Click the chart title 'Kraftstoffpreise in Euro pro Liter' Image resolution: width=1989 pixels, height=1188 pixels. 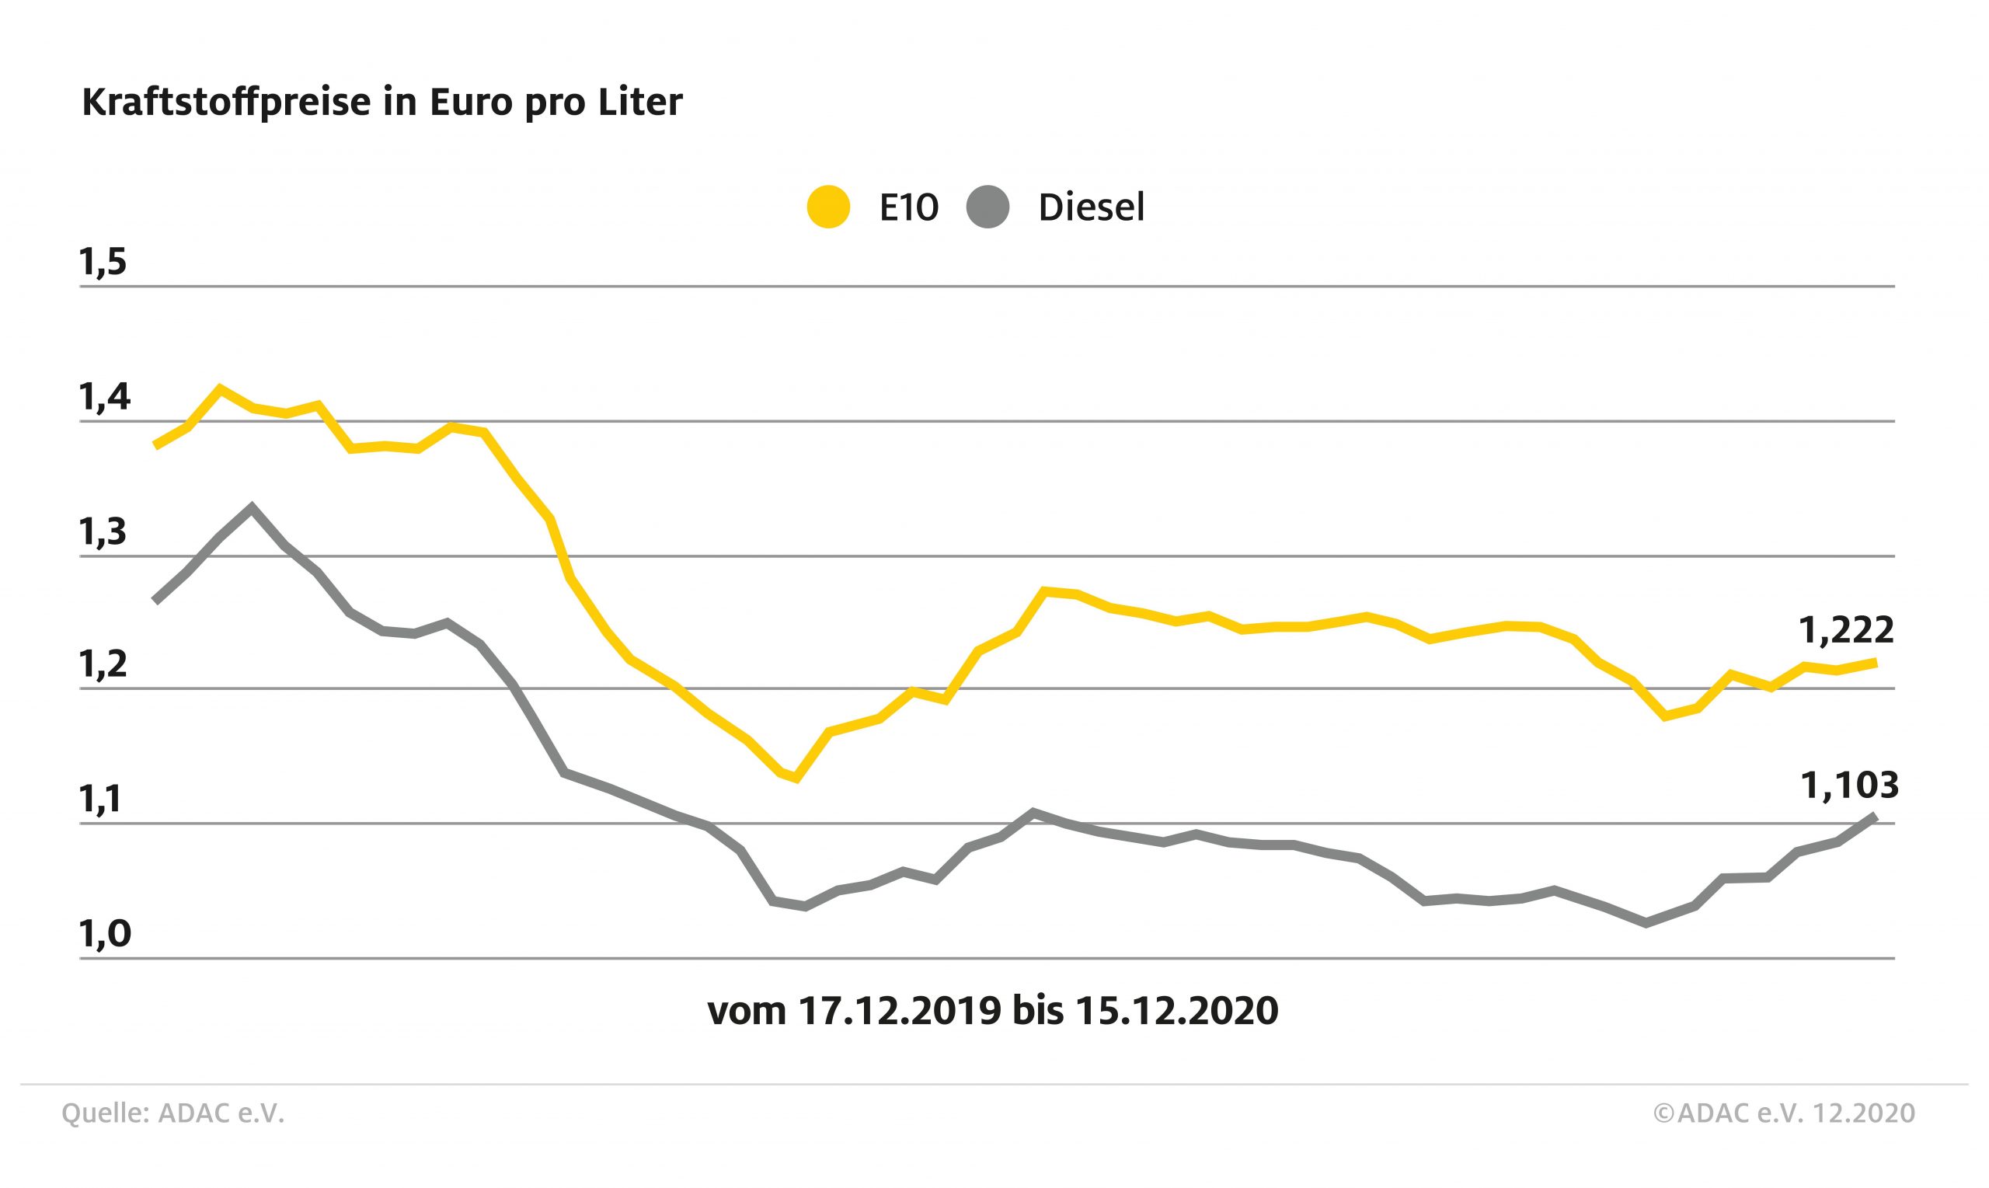click(381, 103)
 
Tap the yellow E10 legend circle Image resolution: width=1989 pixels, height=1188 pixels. click(828, 207)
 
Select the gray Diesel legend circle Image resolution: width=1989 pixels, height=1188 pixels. click(988, 207)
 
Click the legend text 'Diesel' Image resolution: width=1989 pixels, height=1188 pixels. click(1091, 208)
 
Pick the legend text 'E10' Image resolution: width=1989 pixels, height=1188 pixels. click(908, 208)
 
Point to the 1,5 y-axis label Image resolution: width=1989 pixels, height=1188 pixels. click(103, 263)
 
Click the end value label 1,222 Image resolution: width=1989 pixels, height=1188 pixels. click(1846, 631)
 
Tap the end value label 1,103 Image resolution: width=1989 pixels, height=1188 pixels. click(1849, 786)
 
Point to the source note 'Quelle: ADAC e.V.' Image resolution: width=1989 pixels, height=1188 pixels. click(173, 1113)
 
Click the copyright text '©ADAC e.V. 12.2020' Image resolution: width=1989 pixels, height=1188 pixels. click(1784, 1113)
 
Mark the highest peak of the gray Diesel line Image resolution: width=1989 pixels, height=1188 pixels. click(253, 507)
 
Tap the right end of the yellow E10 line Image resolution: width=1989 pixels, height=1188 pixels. click(1875, 662)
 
